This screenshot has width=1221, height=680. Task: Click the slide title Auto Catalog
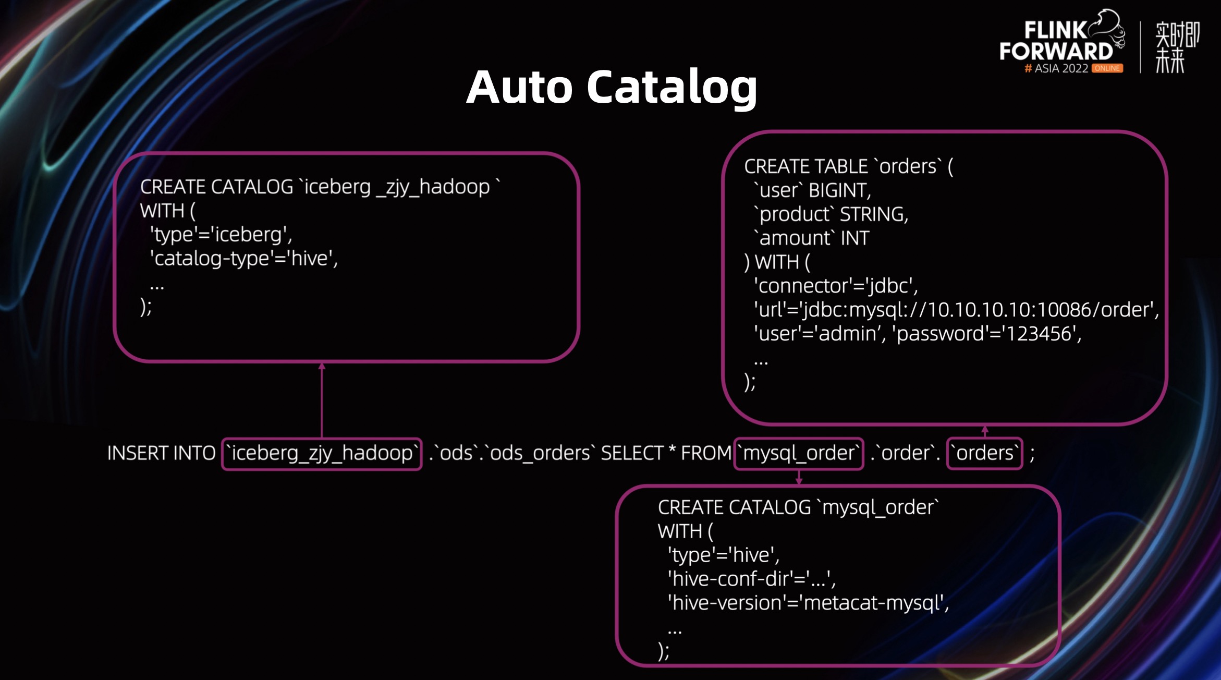612,87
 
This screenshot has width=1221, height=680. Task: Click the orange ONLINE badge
1107,68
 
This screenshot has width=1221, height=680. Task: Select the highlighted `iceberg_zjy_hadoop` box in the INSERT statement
322,453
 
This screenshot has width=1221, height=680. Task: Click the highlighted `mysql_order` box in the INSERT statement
799,453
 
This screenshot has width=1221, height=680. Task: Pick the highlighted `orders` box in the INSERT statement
984,453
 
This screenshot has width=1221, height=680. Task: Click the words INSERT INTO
161,453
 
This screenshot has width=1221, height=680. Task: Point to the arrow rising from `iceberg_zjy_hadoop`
322,399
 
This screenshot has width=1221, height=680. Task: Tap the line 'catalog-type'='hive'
244,258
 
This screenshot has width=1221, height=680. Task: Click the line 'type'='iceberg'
221,235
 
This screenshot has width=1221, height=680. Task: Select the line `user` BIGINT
812,190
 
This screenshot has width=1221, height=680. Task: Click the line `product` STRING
831,214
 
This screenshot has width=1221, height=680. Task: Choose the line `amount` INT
811,238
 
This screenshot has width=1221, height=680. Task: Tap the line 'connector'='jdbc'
836,286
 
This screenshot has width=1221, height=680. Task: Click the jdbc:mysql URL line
956,310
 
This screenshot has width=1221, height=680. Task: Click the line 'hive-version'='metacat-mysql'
808,603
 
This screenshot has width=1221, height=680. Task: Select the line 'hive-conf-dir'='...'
751,579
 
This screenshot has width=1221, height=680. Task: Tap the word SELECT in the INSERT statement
631,453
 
